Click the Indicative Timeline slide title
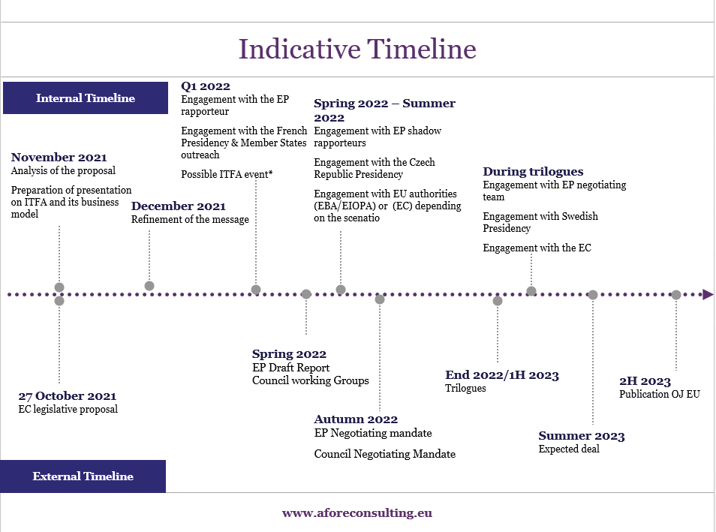tap(357, 50)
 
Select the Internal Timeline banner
tap(85, 98)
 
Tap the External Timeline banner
tap(83, 476)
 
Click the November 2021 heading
tap(59, 158)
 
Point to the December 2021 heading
tap(179, 206)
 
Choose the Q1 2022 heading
tap(206, 86)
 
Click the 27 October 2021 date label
tap(68, 396)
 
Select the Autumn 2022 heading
tap(356, 419)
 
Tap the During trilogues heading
tap(533, 172)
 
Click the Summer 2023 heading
tap(582, 436)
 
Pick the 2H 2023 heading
tap(645, 381)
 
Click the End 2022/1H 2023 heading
tap(502, 375)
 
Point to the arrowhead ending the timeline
tap(708, 295)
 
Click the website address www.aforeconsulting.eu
tap(357, 513)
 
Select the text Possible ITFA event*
tap(227, 174)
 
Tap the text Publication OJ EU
tap(659, 394)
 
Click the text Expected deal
tap(569, 449)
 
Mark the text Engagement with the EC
tap(537, 248)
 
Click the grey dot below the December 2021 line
tap(149, 286)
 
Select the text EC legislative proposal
tap(68, 409)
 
